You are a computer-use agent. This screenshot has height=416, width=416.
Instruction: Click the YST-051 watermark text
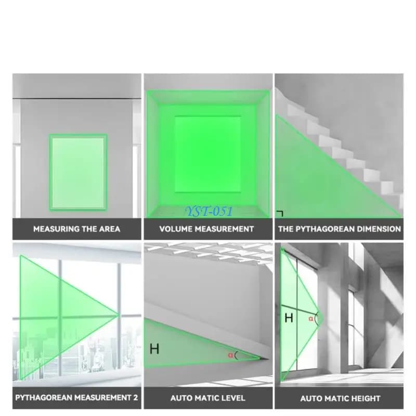[x=209, y=211]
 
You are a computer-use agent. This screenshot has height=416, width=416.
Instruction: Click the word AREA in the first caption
[x=110, y=229]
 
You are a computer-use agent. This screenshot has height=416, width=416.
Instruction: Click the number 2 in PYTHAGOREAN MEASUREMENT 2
[x=135, y=398]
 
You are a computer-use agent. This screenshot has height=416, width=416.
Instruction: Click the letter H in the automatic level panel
[x=154, y=348]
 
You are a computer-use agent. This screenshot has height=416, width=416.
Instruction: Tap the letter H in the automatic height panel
[x=289, y=318]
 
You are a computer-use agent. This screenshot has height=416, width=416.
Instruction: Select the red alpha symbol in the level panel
[x=230, y=355]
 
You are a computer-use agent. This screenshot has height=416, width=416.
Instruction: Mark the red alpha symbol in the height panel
[x=310, y=319]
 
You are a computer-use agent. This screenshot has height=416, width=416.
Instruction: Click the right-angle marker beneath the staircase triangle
[x=280, y=213]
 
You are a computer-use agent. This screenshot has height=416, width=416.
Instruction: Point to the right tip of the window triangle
[x=119, y=315]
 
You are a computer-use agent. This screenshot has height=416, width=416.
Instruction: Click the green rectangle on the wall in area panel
[x=79, y=173]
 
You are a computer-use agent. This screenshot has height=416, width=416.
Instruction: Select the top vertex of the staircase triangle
[x=277, y=115]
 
